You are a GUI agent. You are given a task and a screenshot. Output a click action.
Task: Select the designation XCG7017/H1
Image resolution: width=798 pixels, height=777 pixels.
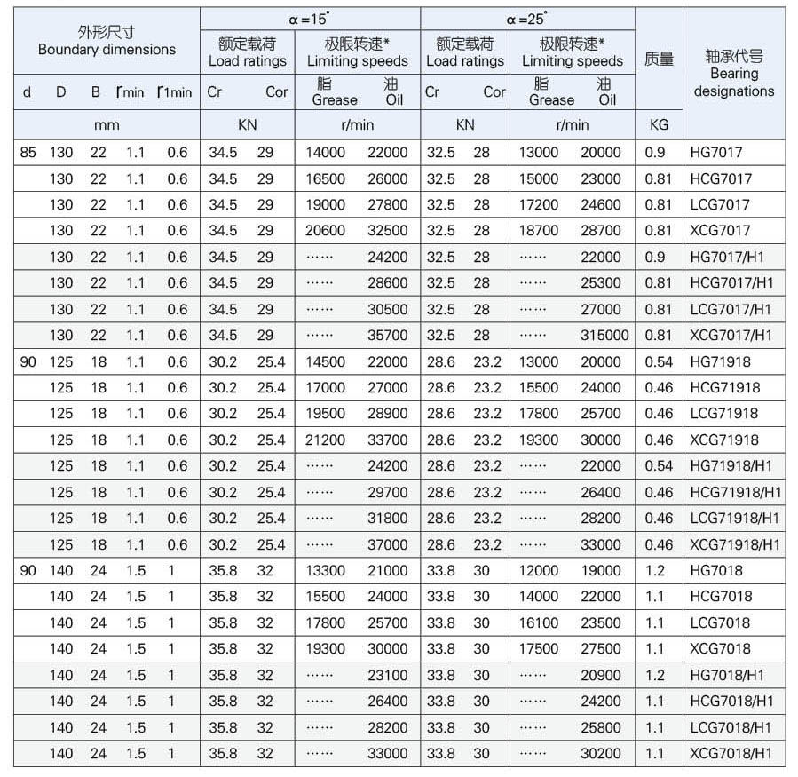click(x=731, y=336)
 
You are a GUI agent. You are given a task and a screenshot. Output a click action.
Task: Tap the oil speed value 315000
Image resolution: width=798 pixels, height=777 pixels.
click(x=604, y=336)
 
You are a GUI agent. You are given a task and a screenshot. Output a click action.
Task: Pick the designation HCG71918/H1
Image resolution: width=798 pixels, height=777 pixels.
click(x=736, y=493)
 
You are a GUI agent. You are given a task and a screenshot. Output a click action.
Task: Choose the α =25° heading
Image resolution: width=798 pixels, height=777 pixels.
click(x=527, y=19)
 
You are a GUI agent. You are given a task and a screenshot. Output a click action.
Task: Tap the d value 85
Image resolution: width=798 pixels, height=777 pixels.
click(x=28, y=153)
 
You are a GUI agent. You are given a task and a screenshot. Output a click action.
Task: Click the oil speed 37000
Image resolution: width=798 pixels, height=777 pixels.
click(x=388, y=545)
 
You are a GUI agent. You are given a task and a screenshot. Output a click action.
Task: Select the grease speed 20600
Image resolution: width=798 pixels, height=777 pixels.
click(x=325, y=231)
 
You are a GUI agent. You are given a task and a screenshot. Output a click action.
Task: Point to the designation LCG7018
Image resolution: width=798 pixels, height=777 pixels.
click(x=720, y=623)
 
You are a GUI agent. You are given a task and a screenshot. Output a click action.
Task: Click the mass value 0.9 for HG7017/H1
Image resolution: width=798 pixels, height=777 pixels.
click(x=655, y=258)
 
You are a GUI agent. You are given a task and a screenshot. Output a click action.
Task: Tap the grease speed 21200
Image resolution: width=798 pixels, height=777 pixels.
click(x=325, y=440)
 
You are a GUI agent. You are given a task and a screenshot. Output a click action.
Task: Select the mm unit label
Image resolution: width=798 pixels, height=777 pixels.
click(x=107, y=125)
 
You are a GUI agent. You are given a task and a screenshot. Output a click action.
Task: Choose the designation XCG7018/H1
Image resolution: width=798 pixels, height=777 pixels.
click(x=731, y=754)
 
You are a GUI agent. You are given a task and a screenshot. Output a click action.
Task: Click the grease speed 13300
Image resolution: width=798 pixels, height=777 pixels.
click(x=325, y=571)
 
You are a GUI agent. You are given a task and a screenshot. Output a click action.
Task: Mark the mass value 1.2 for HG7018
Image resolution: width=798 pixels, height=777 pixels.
click(x=655, y=571)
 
